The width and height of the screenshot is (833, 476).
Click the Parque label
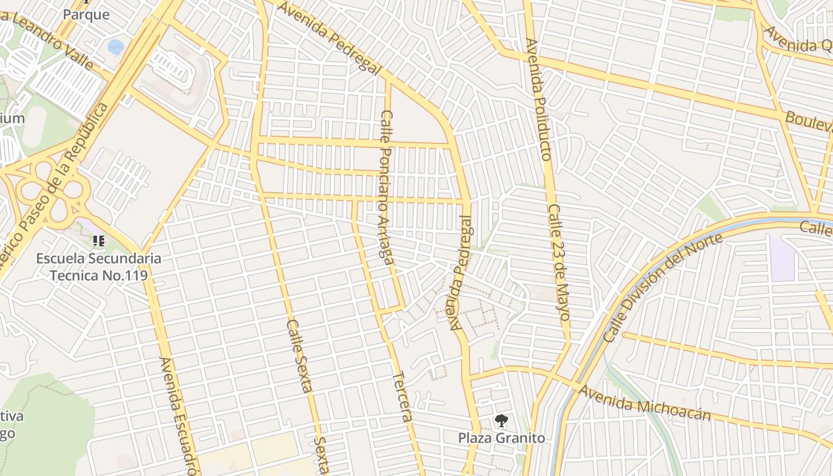click(x=86, y=14)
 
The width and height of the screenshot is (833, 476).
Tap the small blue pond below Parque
click(x=115, y=46)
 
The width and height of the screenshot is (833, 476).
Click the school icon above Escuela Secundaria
click(x=99, y=241)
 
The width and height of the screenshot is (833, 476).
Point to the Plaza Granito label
click(x=501, y=438)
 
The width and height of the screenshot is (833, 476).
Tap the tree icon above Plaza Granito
click(x=501, y=421)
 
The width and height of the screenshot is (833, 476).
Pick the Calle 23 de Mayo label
click(x=559, y=262)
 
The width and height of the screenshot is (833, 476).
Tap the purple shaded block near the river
click(x=782, y=258)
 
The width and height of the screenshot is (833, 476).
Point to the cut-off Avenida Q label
click(x=798, y=39)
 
